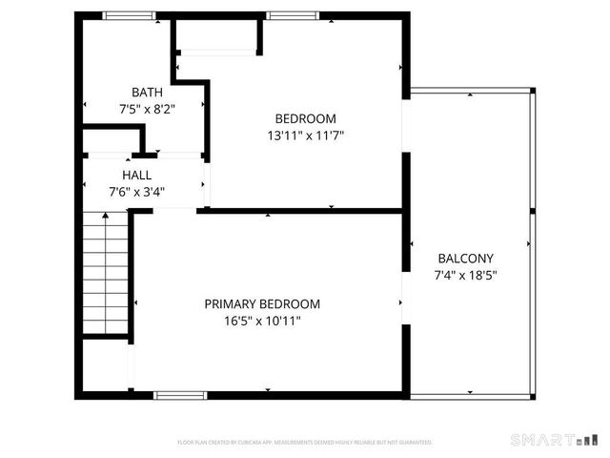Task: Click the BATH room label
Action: click(147, 93)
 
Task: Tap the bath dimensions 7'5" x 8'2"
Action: click(147, 110)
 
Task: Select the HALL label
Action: click(136, 176)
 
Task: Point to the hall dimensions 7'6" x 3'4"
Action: click(136, 192)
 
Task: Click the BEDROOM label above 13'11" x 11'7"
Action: click(305, 118)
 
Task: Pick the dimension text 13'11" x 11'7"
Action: click(305, 135)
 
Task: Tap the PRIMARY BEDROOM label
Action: click(262, 304)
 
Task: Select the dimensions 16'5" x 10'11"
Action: click(262, 322)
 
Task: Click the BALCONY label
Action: click(465, 259)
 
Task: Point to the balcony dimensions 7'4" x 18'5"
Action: click(465, 276)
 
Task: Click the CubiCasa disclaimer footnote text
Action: click(305, 443)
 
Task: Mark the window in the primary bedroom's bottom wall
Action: click(180, 394)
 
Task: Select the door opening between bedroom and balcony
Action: click(405, 124)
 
